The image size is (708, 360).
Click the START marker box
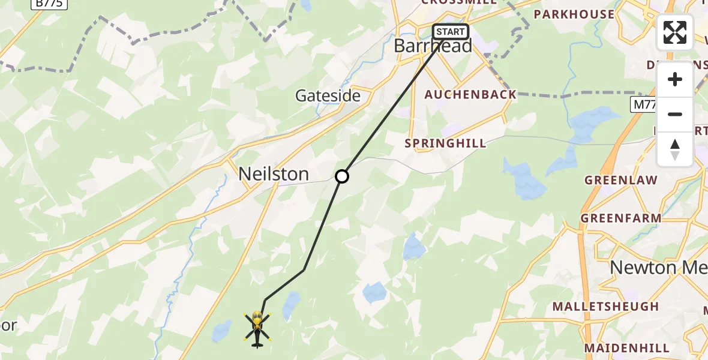pyautogui.click(x=451, y=32)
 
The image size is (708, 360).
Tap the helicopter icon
pyautogui.click(x=257, y=329)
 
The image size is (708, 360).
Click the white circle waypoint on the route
pyautogui.click(x=341, y=176)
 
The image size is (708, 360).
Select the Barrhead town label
pyautogui.click(x=433, y=46)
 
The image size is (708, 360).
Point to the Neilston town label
pyautogui.click(x=274, y=174)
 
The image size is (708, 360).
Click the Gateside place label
pyautogui.click(x=328, y=95)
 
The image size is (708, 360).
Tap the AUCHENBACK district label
pyautogui.click(x=470, y=95)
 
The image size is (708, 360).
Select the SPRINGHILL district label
pyautogui.click(x=445, y=143)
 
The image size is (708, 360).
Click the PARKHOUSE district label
pyautogui.click(x=574, y=14)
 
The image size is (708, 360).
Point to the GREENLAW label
pyautogui.click(x=621, y=180)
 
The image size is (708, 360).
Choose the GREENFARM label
pyautogui.click(x=621, y=218)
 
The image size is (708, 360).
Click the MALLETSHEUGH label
pyautogui.click(x=605, y=307)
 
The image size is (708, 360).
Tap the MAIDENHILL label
pyautogui.click(x=626, y=348)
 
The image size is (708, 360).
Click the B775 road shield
pyautogui.click(x=50, y=3)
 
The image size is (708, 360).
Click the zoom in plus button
pyautogui.click(x=675, y=79)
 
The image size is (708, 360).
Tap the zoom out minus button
pyautogui.click(x=675, y=114)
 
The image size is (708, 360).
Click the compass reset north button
pyautogui.click(x=675, y=148)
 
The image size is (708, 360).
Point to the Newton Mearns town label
pyautogui.click(x=658, y=268)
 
